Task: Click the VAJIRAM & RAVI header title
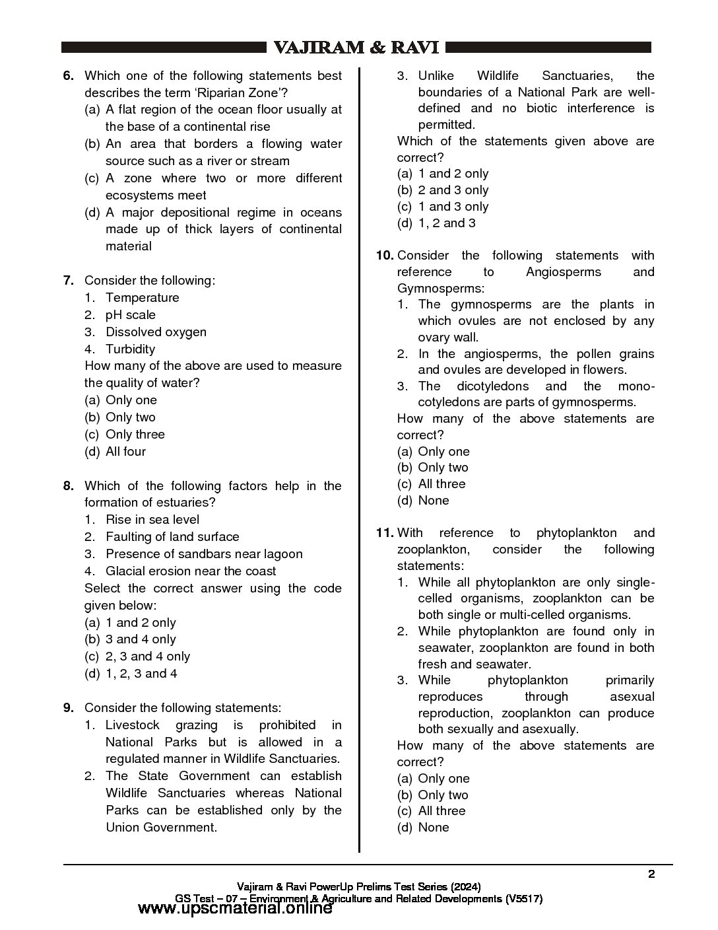[356, 48]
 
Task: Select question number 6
[68, 76]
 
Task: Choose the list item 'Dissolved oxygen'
[156, 332]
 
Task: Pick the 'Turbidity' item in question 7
[130, 349]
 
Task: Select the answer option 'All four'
[125, 452]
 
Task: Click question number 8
[68, 486]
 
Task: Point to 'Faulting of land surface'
[172, 537]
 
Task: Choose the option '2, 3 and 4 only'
[147, 657]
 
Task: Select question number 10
[385, 256]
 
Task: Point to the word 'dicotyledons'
[492, 386]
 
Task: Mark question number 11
[385, 533]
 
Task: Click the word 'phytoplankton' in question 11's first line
[577, 533]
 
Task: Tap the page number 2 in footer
[651, 875]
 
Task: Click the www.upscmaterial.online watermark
[235, 909]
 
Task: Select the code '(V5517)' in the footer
[524, 898]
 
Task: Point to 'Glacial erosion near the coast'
[191, 571]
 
